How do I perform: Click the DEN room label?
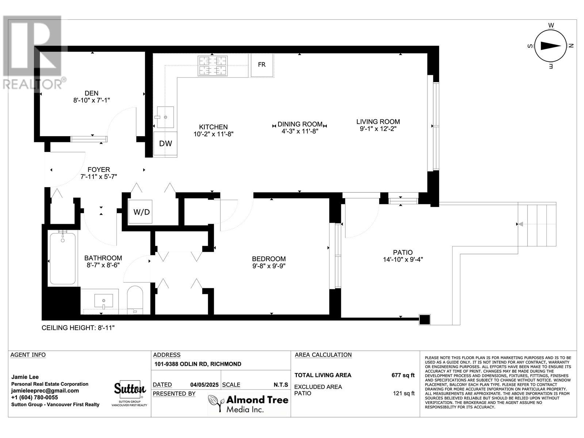(x=91, y=93)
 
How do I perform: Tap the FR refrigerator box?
(x=262, y=65)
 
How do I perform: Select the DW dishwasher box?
(x=165, y=144)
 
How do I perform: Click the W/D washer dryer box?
(x=142, y=212)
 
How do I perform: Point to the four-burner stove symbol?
(x=212, y=66)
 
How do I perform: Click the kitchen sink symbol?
(x=165, y=117)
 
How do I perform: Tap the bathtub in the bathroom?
(x=63, y=258)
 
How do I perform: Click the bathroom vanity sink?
(x=103, y=301)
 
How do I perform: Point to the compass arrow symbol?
(x=550, y=46)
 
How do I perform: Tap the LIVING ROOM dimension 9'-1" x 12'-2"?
(x=378, y=128)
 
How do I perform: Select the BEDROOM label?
(x=269, y=259)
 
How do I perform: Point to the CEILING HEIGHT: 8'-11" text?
(x=78, y=328)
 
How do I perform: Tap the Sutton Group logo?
(x=130, y=392)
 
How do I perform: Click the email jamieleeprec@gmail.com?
(x=45, y=391)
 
